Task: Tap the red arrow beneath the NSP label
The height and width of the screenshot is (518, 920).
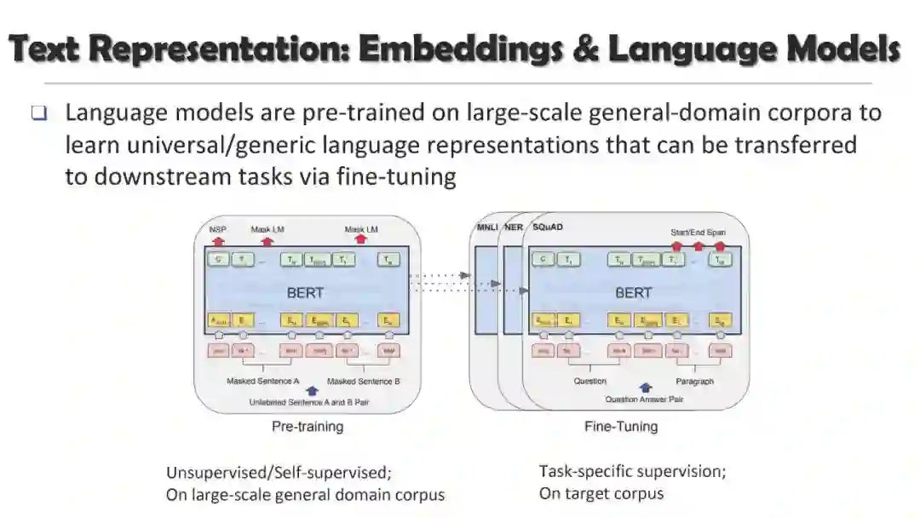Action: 217,241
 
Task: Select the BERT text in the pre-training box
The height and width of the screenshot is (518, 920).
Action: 305,292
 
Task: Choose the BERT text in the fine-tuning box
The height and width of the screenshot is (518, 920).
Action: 633,292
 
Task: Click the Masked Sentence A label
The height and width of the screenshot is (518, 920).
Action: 262,381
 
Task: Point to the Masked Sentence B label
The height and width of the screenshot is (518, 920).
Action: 363,381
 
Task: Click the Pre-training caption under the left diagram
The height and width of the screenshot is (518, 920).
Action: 307,426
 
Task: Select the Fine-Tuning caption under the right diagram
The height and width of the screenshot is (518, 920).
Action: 621,426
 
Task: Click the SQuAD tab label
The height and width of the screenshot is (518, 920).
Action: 548,227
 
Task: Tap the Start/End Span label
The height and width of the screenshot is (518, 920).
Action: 698,232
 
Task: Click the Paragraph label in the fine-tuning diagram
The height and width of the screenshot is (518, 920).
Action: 695,381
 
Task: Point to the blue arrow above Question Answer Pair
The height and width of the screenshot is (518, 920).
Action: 645,388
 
